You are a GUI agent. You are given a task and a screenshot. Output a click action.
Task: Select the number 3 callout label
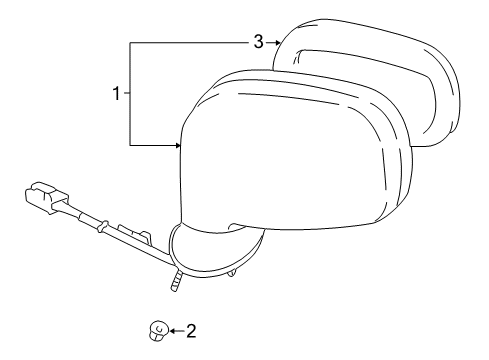[257, 41]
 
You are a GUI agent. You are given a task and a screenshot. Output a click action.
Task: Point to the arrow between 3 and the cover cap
[272, 41]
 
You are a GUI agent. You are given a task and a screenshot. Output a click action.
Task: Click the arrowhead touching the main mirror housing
[177, 146]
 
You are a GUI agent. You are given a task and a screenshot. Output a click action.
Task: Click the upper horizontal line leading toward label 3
[190, 42]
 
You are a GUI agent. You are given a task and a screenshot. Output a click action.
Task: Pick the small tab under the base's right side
[233, 270]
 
